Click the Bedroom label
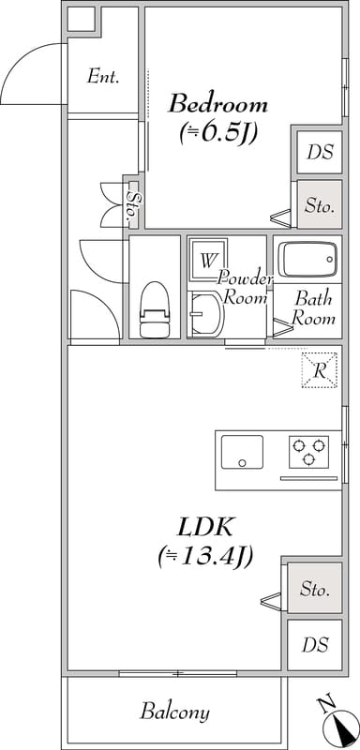point(217,102)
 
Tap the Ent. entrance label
point(103,77)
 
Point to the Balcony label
point(174,712)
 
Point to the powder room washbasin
point(206,314)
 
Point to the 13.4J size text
point(203,557)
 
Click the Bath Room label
point(313,308)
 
